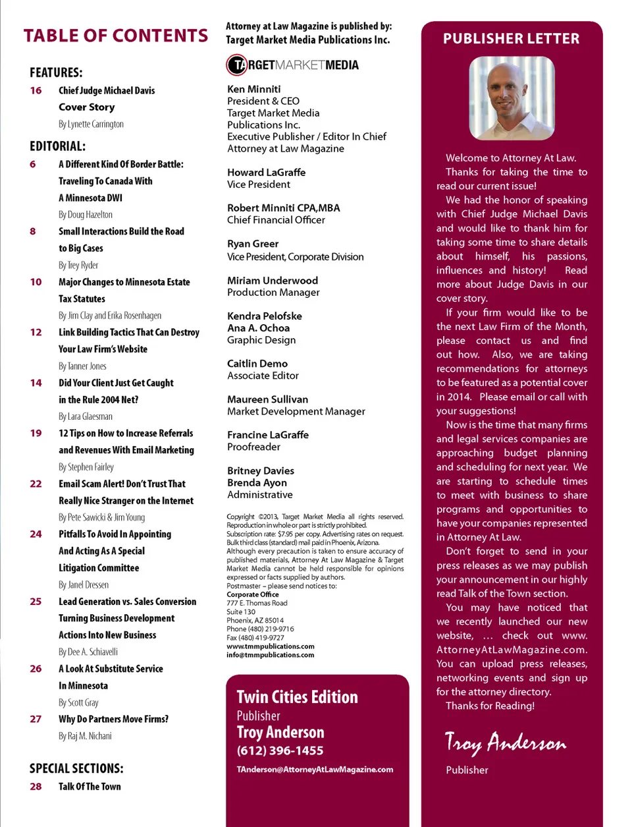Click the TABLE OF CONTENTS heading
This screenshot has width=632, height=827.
116,36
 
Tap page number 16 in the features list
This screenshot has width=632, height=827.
36,90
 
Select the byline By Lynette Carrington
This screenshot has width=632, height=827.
91,124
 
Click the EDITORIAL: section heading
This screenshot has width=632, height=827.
57,146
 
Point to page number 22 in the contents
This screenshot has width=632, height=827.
36,484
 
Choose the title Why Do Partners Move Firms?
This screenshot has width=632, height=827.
113,719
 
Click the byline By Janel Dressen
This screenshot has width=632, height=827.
84,585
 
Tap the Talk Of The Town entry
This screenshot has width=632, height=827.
90,786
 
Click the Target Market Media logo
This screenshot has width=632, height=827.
293,65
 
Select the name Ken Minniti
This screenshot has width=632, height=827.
253,89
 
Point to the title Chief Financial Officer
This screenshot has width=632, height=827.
276,219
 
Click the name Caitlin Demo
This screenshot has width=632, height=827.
257,363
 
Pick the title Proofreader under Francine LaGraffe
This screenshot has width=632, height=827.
253,447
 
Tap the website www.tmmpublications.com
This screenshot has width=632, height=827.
270,646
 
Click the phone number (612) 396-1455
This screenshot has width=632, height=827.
280,751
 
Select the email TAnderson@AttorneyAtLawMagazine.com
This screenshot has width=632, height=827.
315,769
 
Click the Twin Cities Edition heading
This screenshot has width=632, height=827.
297,697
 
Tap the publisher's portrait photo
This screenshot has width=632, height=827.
511,98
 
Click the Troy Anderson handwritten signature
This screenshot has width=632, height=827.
505,743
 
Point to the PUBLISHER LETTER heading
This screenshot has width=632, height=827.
511,39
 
